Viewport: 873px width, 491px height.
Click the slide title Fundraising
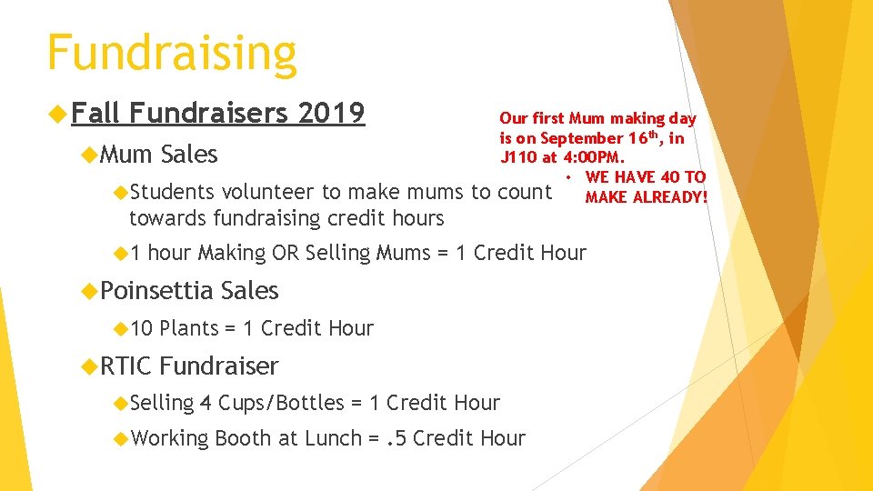pyautogui.click(x=172, y=53)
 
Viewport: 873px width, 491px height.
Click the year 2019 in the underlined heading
pyautogui.click(x=331, y=114)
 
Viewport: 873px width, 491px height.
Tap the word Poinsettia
pyautogui.click(x=157, y=291)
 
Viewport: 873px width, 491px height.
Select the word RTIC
pyautogui.click(x=126, y=366)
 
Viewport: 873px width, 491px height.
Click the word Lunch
pyautogui.click(x=333, y=438)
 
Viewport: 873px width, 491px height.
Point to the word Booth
pyautogui.click(x=243, y=438)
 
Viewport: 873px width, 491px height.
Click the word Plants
pyautogui.click(x=189, y=328)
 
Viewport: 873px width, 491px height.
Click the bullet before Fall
pyautogui.click(x=61, y=115)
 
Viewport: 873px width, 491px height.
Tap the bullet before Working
pyautogui.click(x=123, y=439)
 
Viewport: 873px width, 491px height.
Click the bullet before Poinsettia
pyautogui.click(x=89, y=292)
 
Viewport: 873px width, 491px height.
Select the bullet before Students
pyautogui.click(x=123, y=193)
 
